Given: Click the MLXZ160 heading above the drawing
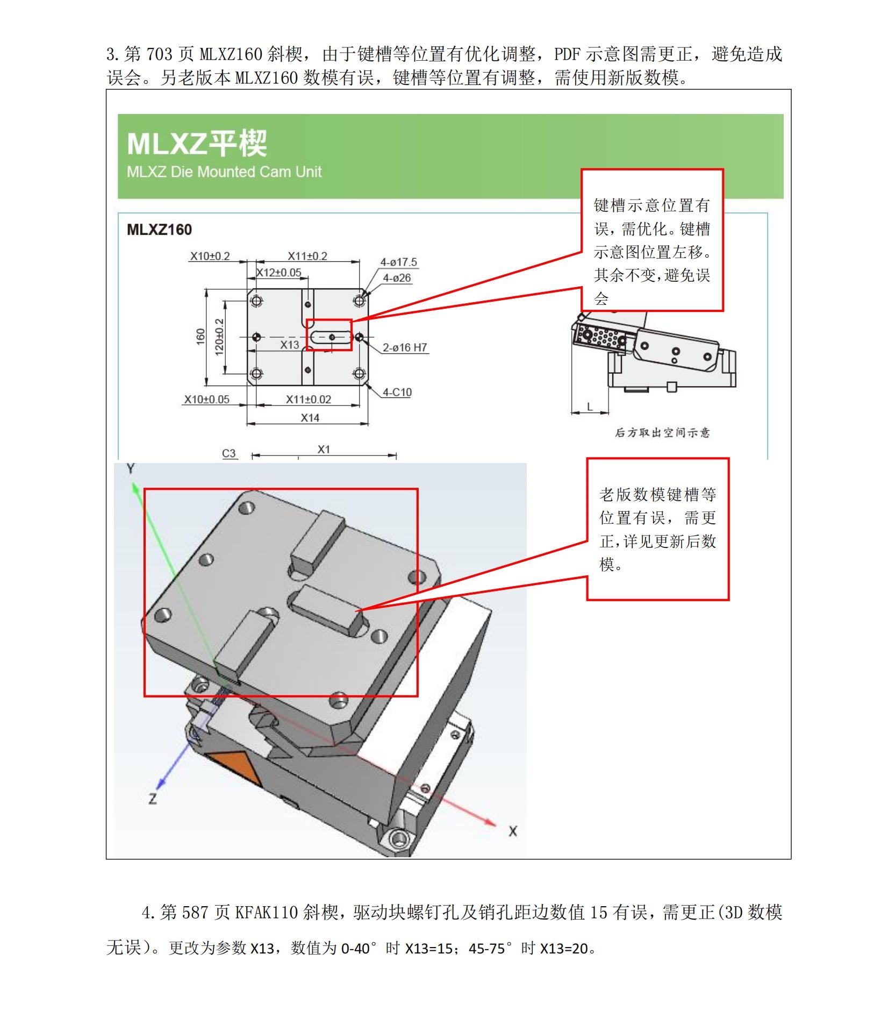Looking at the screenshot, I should [x=159, y=230].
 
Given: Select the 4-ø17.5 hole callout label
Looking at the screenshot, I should [x=398, y=262].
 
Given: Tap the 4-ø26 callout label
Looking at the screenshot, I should [x=397, y=278].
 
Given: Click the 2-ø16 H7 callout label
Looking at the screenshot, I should [x=405, y=347].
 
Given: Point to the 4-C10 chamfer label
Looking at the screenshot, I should [x=397, y=392].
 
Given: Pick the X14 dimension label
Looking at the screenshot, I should [x=310, y=418].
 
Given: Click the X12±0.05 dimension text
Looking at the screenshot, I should [x=278, y=273].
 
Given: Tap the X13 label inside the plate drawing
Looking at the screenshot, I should [x=289, y=345].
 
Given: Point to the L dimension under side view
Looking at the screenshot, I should [x=590, y=407].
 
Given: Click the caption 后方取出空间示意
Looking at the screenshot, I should [x=662, y=432].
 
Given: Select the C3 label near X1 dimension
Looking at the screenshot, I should [x=229, y=453].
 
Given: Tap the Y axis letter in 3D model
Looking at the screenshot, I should [x=131, y=469].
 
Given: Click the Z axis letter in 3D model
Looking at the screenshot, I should [x=153, y=799].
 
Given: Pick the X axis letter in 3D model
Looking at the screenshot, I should [x=512, y=831].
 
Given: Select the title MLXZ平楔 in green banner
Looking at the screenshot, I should [x=197, y=144].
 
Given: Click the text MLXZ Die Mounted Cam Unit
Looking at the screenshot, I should [x=224, y=172].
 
